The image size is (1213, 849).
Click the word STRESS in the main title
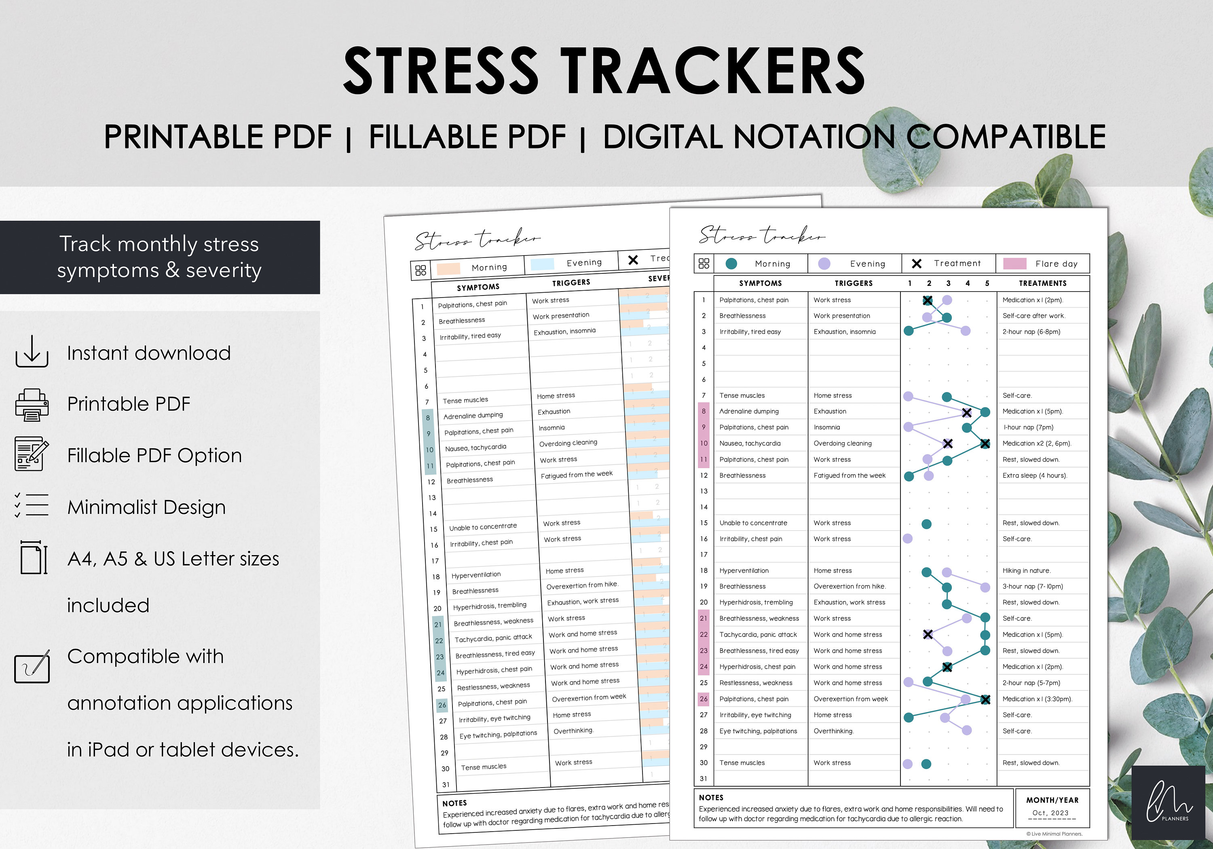pyautogui.click(x=441, y=70)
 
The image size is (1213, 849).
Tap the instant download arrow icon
pyautogui.click(x=32, y=351)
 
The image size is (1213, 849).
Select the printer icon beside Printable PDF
pyautogui.click(x=32, y=405)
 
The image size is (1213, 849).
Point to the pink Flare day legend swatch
pyautogui.click(x=1014, y=264)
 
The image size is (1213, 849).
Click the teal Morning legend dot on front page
pyautogui.click(x=731, y=264)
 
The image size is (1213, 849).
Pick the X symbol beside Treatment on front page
pyautogui.click(x=917, y=264)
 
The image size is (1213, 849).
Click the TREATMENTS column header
pyautogui.click(x=1042, y=283)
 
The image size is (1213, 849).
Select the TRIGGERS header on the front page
pyautogui.click(x=853, y=283)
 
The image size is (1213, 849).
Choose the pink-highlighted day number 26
pyautogui.click(x=703, y=699)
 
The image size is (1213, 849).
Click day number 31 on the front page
pyautogui.click(x=703, y=779)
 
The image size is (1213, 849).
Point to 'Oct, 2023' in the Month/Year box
pyautogui.click(x=1050, y=813)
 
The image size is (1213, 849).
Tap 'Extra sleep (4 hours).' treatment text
pyautogui.click(x=1034, y=475)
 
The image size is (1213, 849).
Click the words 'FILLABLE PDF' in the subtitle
pyautogui.click(x=467, y=137)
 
